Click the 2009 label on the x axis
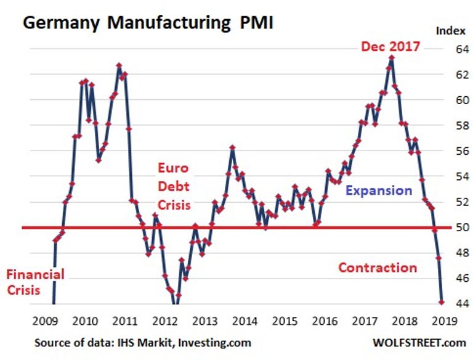pos(46,321)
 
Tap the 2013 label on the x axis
pos(205,321)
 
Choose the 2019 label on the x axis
pos(445,321)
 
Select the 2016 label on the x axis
pos(325,321)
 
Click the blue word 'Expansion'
pos(378,190)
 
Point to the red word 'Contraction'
pos(378,268)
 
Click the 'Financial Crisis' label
pos(34,282)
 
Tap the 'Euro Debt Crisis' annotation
pos(173,186)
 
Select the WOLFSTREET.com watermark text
pos(419,342)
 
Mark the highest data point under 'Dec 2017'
pos(392,58)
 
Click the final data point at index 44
pos(442,302)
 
